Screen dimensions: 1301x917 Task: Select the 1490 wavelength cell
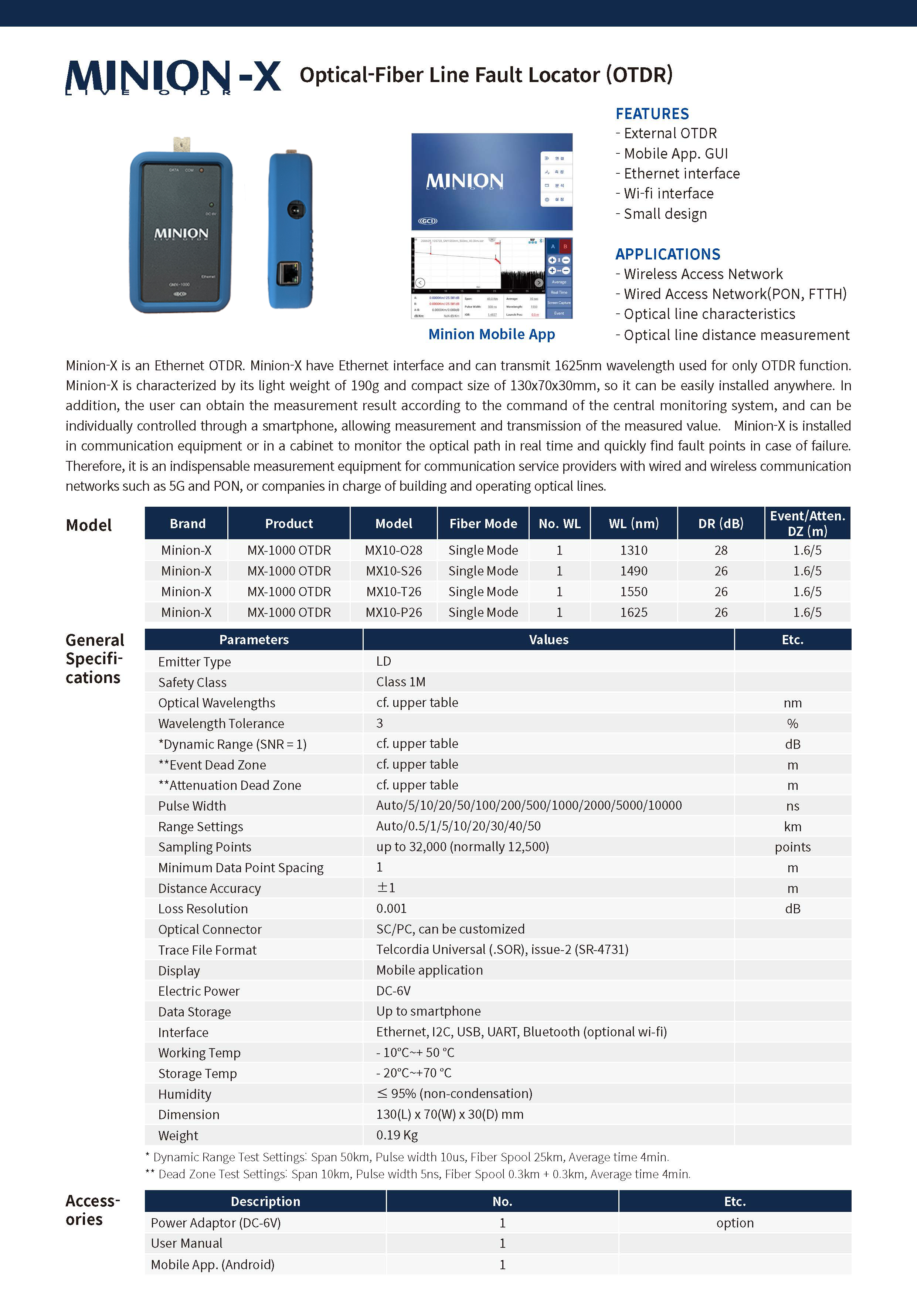click(x=633, y=571)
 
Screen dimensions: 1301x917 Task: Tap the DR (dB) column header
click(x=720, y=523)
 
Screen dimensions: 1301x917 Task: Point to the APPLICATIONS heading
click(x=668, y=254)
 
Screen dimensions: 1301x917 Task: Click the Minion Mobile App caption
click(x=491, y=334)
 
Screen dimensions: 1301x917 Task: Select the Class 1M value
click(x=401, y=682)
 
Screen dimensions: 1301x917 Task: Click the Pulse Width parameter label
click(x=192, y=806)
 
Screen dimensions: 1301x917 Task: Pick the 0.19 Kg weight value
click(x=397, y=1135)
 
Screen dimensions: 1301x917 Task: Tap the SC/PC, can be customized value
click(x=450, y=929)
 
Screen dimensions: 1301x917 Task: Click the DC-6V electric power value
click(x=393, y=991)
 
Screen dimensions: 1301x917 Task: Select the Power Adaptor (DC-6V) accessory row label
click(x=215, y=1223)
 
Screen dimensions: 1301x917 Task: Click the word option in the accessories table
click(x=734, y=1223)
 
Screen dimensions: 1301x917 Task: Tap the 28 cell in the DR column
click(x=720, y=550)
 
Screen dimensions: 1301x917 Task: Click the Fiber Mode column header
click(x=483, y=523)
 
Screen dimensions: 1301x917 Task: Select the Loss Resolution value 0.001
click(x=391, y=908)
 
